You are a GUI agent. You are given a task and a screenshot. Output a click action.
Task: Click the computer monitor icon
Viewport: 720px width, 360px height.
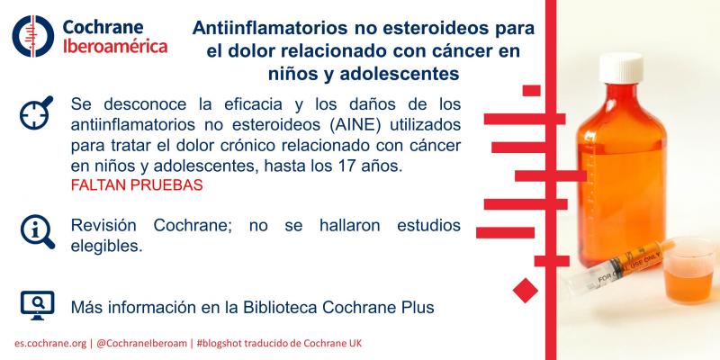[x=33, y=305]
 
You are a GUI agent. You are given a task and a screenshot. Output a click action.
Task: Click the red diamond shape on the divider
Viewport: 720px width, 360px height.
[x=524, y=290]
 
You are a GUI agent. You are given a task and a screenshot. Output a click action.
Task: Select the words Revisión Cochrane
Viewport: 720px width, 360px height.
[x=148, y=224]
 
